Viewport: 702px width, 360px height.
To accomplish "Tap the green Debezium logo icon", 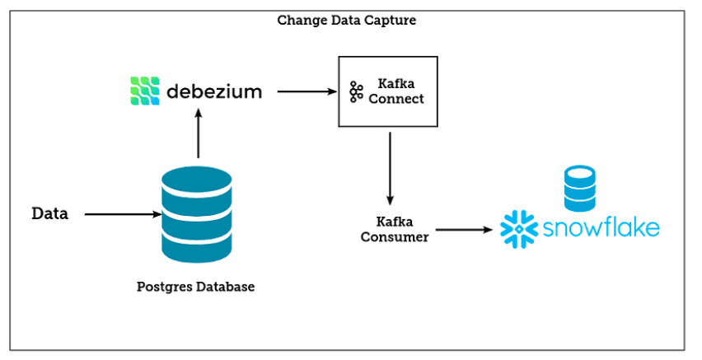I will (x=143, y=90).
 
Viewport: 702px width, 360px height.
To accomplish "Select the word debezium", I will (x=213, y=91).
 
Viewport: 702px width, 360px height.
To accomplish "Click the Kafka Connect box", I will (x=386, y=91).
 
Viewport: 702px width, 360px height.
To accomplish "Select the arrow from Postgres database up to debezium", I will (x=197, y=136).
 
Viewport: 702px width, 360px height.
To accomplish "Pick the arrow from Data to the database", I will (x=123, y=214).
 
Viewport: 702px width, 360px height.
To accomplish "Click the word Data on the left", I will (x=49, y=214).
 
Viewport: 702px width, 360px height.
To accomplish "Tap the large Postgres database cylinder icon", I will (x=197, y=214).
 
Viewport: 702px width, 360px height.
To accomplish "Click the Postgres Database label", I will (x=195, y=288).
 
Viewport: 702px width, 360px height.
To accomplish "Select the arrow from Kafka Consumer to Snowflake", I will (x=466, y=230).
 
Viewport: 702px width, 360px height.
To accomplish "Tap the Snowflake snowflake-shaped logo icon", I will (x=519, y=228).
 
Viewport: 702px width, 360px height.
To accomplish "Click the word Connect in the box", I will (x=396, y=99).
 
